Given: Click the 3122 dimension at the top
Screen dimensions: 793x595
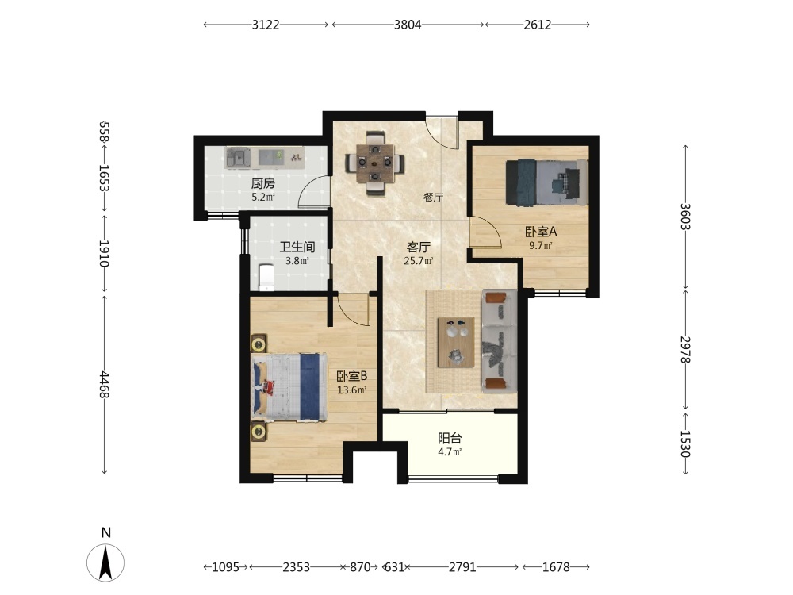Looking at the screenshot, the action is (x=266, y=25).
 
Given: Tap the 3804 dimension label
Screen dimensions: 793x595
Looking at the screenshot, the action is (x=408, y=25).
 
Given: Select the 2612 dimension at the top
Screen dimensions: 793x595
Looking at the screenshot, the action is (x=537, y=25).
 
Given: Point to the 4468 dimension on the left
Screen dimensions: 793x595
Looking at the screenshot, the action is (x=104, y=385).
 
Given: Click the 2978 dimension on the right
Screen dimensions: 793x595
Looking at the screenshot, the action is (x=685, y=350).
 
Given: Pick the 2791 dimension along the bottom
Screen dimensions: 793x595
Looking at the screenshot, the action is (x=462, y=567).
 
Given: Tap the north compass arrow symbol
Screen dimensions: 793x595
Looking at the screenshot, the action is (x=105, y=562).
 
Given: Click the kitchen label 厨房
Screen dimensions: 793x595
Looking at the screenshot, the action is (x=263, y=184).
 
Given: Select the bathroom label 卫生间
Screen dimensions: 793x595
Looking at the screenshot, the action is (x=297, y=247).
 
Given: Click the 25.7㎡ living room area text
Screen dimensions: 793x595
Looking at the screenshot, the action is (x=418, y=262).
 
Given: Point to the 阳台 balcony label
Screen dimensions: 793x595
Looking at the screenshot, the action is (x=450, y=438).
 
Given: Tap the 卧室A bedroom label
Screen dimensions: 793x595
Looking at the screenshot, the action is (x=541, y=232).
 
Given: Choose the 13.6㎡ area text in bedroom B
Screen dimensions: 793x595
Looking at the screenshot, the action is (x=351, y=390).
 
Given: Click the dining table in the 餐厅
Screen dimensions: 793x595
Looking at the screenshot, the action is (x=375, y=163).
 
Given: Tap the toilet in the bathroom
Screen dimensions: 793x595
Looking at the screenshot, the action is (x=266, y=277).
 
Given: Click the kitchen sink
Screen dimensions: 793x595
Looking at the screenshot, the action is (x=238, y=158).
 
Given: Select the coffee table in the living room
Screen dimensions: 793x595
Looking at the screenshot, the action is (x=456, y=341).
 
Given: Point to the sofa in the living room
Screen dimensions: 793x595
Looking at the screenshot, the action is (x=499, y=341).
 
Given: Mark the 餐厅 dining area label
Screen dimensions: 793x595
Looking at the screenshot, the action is (x=434, y=198).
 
